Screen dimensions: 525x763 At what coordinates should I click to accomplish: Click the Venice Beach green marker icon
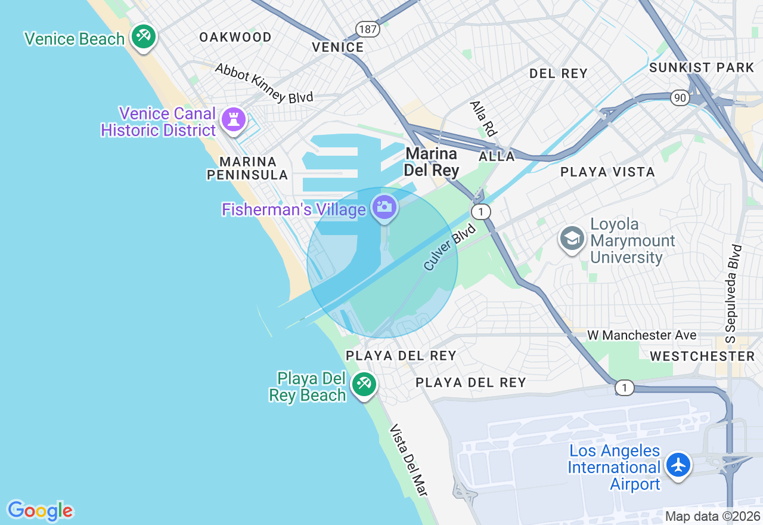click(143, 36)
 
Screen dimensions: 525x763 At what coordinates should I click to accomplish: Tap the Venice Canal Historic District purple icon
click(233, 119)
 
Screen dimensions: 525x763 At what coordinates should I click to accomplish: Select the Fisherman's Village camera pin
click(384, 207)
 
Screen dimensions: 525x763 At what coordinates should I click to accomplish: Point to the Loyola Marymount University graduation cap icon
click(572, 239)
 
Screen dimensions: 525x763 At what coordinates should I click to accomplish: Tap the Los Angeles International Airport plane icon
click(678, 464)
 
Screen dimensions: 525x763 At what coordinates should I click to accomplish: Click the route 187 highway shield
click(367, 29)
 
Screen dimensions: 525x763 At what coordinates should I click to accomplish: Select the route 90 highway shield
click(680, 97)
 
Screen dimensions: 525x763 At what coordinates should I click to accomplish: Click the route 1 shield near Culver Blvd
click(480, 211)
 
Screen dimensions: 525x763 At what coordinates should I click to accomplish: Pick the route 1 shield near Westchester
click(624, 388)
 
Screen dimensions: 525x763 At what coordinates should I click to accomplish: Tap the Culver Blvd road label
click(450, 247)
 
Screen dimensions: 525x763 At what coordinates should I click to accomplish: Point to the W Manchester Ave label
click(641, 335)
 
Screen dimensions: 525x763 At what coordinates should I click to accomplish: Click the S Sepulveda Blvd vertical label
click(734, 293)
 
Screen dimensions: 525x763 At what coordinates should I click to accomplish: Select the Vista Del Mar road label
click(408, 460)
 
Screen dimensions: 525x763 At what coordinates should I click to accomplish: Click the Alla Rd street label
click(483, 118)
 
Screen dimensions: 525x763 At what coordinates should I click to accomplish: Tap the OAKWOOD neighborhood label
click(235, 37)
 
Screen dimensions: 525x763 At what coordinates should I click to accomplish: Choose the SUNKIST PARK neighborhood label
click(702, 67)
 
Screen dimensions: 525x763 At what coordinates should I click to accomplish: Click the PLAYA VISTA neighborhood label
click(607, 172)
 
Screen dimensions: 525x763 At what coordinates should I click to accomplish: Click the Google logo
click(40, 511)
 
